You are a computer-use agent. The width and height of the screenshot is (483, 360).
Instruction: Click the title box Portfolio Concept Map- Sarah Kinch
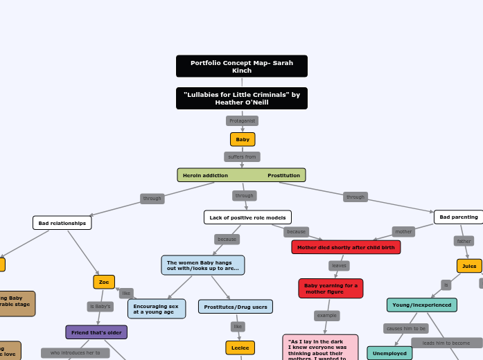(241, 66)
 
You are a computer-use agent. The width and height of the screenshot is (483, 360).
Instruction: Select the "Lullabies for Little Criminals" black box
(241, 98)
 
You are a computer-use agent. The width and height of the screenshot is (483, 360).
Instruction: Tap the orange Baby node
(243, 139)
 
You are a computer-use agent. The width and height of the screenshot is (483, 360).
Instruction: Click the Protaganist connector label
(242, 120)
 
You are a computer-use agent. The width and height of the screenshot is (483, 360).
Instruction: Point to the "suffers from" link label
(242, 157)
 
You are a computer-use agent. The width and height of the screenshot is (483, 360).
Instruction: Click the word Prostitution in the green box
(283, 175)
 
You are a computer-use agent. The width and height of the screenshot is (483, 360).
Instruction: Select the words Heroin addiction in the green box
(205, 175)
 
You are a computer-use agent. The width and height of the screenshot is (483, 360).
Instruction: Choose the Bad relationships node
(62, 223)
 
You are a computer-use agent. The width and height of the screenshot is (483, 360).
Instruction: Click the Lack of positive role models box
(247, 217)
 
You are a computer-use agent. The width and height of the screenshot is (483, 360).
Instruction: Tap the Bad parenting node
(458, 217)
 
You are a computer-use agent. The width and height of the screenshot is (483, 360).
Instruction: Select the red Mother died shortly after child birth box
(346, 247)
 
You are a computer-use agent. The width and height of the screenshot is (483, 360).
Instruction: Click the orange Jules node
(469, 266)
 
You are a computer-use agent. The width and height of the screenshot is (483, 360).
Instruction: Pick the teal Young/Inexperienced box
(421, 305)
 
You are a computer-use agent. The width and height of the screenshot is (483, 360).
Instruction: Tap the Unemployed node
(389, 353)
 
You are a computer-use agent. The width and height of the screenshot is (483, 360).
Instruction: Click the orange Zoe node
(104, 282)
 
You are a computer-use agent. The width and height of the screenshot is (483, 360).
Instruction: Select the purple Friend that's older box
(96, 332)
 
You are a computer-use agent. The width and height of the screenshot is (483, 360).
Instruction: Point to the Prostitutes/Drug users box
(236, 307)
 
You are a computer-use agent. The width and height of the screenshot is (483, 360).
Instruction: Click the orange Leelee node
(240, 348)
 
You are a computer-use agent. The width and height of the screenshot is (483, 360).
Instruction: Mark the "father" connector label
(464, 241)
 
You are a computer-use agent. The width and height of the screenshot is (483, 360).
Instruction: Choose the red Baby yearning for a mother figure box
(331, 288)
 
